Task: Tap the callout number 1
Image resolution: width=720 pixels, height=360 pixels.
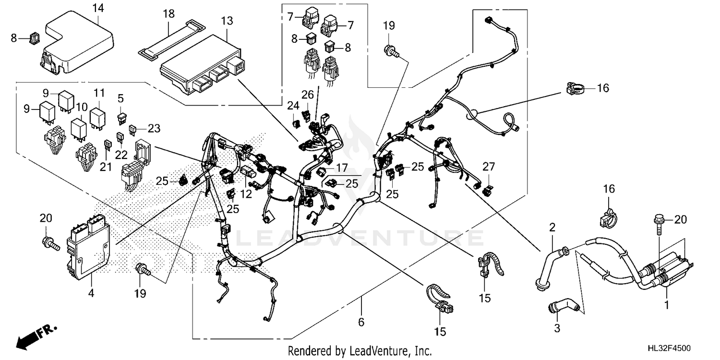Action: (x=666, y=304)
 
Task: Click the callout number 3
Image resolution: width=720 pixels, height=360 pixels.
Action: (x=557, y=329)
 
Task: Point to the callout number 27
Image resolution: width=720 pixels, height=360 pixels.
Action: (x=488, y=167)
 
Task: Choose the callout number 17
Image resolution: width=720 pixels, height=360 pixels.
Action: (x=341, y=168)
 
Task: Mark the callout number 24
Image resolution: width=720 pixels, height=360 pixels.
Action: (x=292, y=105)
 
